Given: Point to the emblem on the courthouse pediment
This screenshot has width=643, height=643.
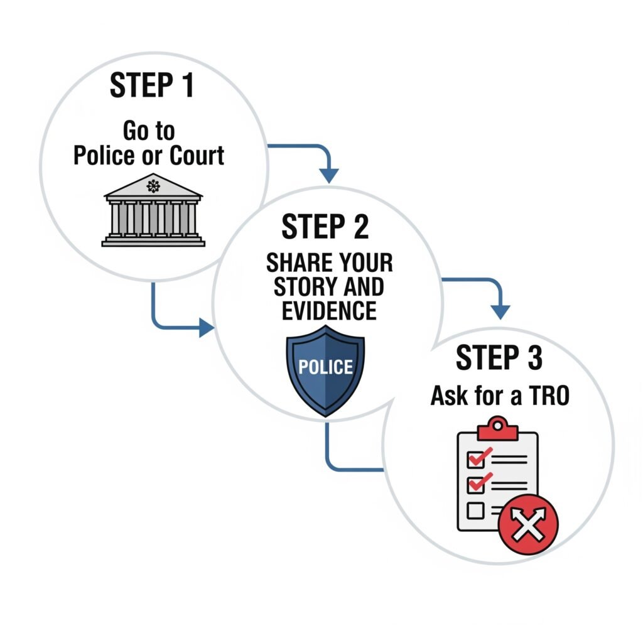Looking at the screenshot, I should click(153, 185).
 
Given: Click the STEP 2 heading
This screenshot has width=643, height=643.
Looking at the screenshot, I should click(325, 227).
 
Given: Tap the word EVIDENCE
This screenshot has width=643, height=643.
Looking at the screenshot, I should click(330, 310).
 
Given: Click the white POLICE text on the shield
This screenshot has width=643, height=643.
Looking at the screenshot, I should click(325, 367).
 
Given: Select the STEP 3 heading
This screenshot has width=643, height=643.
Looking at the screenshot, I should click(499, 358).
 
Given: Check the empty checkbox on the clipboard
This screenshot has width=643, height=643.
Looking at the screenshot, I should click(476, 511).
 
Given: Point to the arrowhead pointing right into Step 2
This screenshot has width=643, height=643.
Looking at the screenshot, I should click(207, 327).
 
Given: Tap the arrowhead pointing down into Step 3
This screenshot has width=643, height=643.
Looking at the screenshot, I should click(500, 311).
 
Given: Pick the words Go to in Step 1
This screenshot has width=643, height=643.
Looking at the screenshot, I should click(149, 131).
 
